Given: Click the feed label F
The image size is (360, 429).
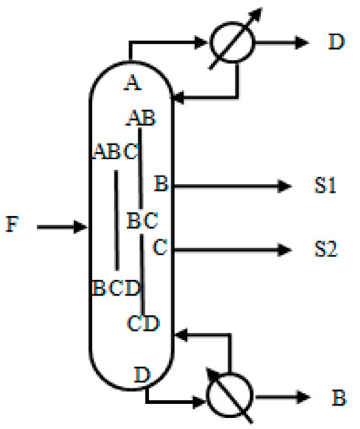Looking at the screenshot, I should tap(11, 227).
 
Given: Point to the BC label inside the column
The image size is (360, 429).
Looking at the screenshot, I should tap(143, 220).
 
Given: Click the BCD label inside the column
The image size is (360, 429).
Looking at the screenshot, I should tap(115, 289).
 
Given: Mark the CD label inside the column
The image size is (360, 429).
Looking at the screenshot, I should tap(144, 321).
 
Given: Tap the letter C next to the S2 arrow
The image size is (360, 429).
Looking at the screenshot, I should tap(161, 249).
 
